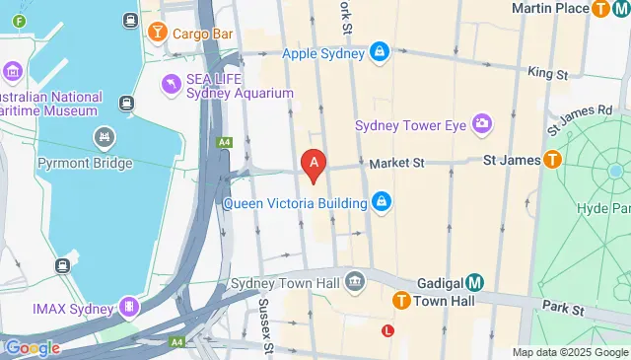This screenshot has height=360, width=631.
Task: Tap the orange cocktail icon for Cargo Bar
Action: tap(156, 33)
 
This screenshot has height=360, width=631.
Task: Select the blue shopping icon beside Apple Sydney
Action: tap(379, 52)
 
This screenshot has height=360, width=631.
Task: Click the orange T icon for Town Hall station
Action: tap(401, 301)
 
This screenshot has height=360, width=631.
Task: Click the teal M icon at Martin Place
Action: tap(621, 9)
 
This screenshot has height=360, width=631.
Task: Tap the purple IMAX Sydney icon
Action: tap(128, 307)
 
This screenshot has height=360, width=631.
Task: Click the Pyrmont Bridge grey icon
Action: tap(103, 135)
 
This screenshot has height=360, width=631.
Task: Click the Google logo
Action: tap(32, 347)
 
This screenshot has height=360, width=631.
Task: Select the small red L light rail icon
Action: tap(388, 331)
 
